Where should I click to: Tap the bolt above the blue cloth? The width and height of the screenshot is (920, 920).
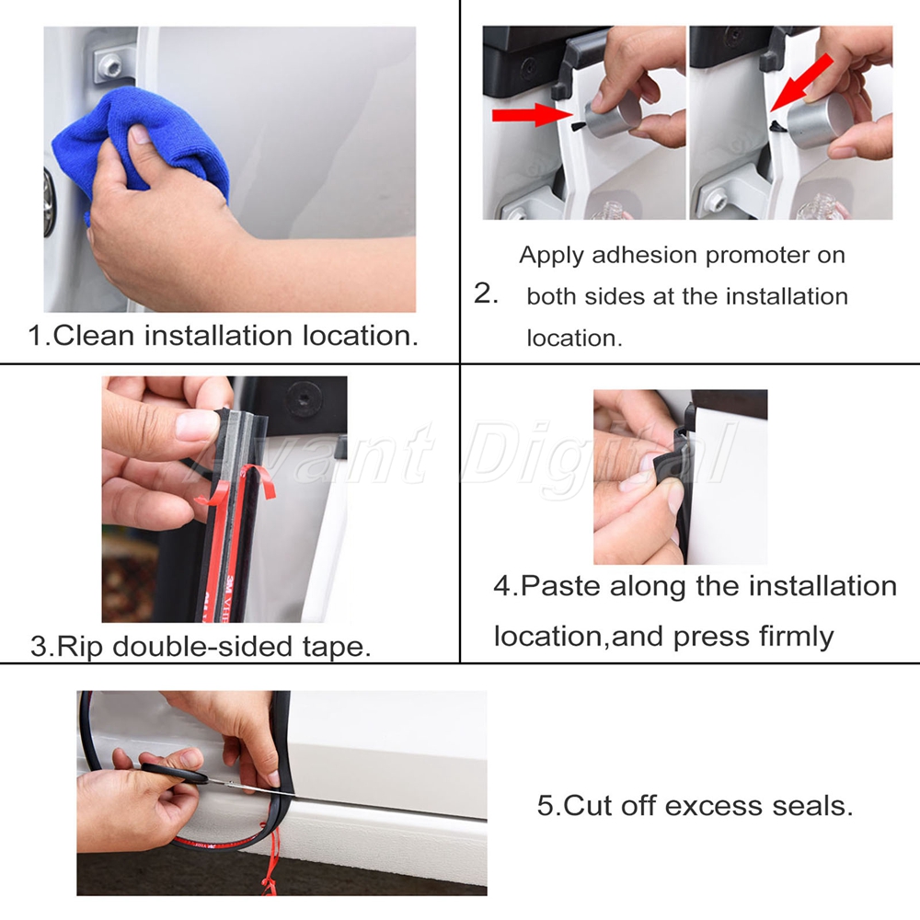coord(110,65)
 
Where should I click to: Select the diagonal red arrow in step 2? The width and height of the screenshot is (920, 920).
coord(801,82)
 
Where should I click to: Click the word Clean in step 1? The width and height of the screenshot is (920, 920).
coord(94,336)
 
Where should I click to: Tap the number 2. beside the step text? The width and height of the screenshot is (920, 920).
coord(486,293)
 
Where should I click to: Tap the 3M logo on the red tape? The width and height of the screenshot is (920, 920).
coord(227,587)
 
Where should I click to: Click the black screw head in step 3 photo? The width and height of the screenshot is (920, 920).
coord(301,397)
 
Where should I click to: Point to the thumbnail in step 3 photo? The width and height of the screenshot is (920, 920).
coord(197,425)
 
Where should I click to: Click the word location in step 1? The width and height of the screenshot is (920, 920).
coord(361,336)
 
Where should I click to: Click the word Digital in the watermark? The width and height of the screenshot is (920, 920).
coord(595,454)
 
